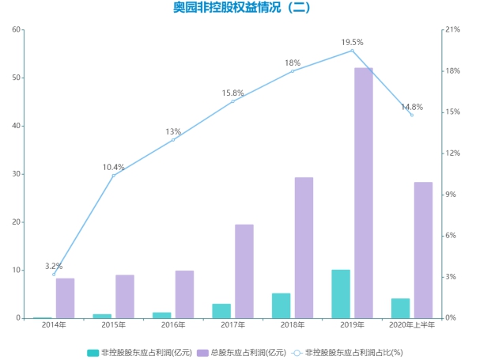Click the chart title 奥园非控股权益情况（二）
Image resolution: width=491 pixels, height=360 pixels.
pyautogui.click(x=242, y=9)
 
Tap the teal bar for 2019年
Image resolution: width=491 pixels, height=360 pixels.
pyautogui.click(x=341, y=294)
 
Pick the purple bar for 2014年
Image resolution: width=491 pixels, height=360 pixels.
pyautogui.click(x=65, y=298)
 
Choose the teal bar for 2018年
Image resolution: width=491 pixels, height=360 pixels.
pyautogui.click(x=281, y=305)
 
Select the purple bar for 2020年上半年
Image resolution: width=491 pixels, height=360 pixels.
pyautogui.click(x=423, y=250)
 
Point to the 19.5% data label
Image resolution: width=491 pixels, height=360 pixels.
pyautogui.click(x=353, y=42)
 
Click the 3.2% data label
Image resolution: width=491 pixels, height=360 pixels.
pyautogui.click(x=54, y=266)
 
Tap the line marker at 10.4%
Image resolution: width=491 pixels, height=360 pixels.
pyautogui.click(x=114, y=175)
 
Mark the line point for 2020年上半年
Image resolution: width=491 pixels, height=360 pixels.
pyautogui.click(x=412, y=115)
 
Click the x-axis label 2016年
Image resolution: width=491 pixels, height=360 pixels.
pyautogui.click(x=173, y=325)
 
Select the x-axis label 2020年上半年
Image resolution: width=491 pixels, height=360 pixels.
pyautogui.click(x=412, y=325)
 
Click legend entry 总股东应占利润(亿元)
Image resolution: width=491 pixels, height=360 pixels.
pyautogui.click(x=242, y=351)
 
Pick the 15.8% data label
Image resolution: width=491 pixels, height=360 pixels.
pyautogui.click(x=233, y=93)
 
